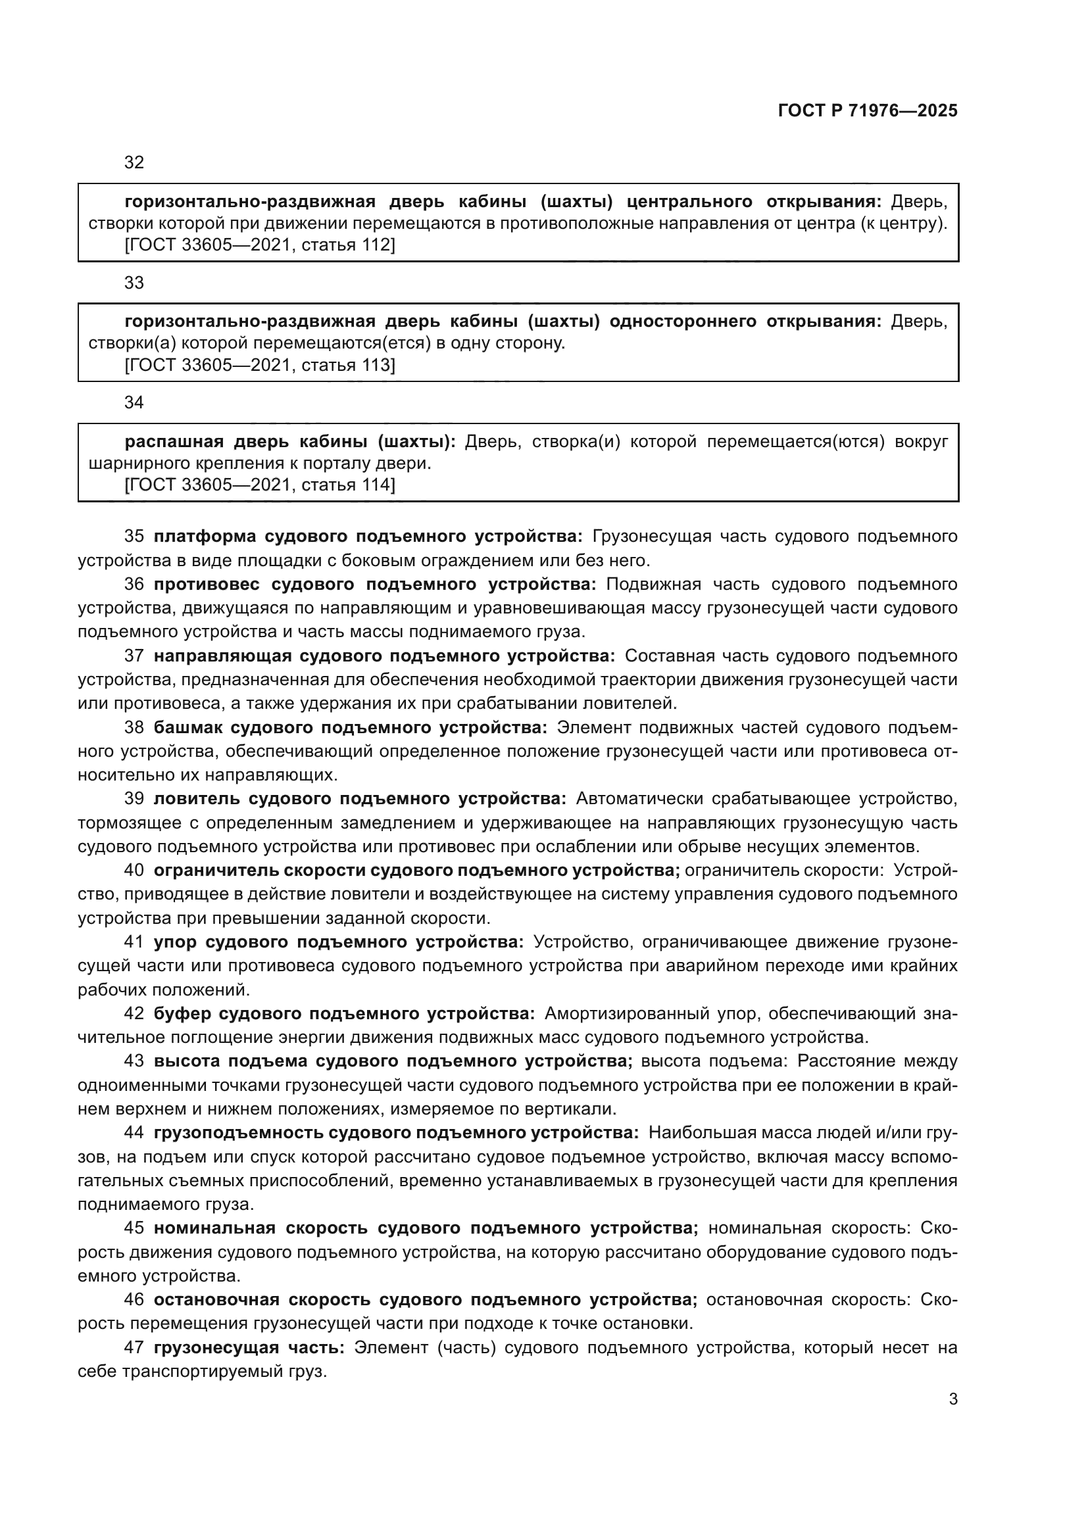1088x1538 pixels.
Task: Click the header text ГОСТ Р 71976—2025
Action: click(x=867, y=111)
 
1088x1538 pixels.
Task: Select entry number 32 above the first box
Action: click(x=134, y=163)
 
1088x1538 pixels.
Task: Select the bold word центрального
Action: click(x=691, y=202)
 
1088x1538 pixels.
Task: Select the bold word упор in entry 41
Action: click(x=175, y=942)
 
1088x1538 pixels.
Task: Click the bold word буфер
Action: click(x=178, y=1013)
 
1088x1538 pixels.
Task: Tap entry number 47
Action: click(x=134, y=1347)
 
